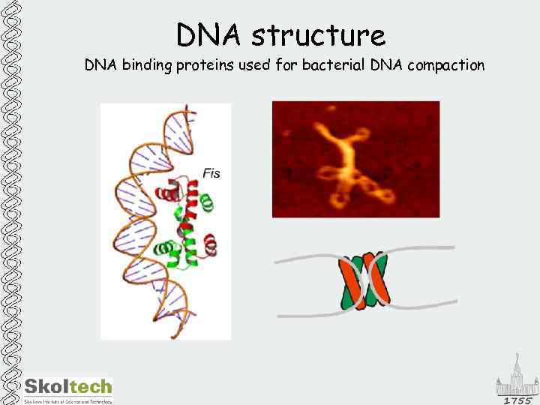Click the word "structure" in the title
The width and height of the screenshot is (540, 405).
tap(319, 35)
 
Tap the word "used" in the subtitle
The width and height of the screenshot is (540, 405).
tap(255, 65)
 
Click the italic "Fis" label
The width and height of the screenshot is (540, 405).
tap(211, 173)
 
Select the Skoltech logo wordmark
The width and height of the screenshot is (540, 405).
tap(68, 387)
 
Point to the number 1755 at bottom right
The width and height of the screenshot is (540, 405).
tap(517, 400)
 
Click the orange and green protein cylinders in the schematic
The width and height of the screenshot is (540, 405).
tap(364, 281)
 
